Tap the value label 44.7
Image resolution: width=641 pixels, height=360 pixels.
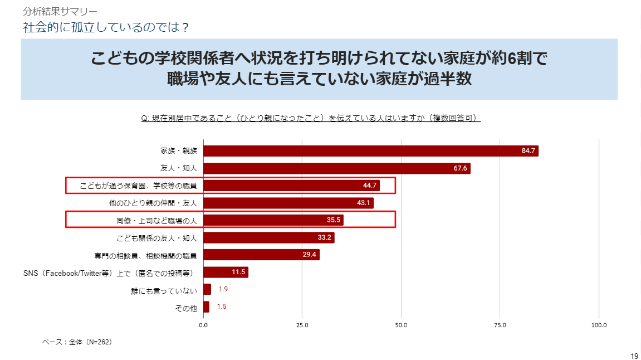tap(370, 186)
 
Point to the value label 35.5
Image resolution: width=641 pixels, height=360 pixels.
tap(334, 220)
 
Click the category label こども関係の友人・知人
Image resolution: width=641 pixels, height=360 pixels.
tap(157, 238)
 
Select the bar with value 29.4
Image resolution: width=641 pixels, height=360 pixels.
tap(261, 255)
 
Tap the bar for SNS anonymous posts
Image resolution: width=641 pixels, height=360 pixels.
tap(226, 273)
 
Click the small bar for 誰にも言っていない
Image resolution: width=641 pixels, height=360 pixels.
tap(207, 289)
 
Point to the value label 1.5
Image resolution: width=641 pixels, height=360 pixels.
tap(222, 307)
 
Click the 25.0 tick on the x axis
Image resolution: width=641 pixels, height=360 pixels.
tap(302, 325)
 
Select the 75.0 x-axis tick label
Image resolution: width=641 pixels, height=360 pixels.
tap(500, 325)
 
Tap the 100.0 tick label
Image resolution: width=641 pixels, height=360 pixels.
tap(599, 325)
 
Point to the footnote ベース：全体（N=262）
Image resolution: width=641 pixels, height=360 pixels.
tap(77, 342)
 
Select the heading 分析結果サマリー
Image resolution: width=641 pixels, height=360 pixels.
tap(60, 11)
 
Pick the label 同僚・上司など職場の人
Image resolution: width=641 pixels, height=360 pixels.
tap(157, 221)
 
